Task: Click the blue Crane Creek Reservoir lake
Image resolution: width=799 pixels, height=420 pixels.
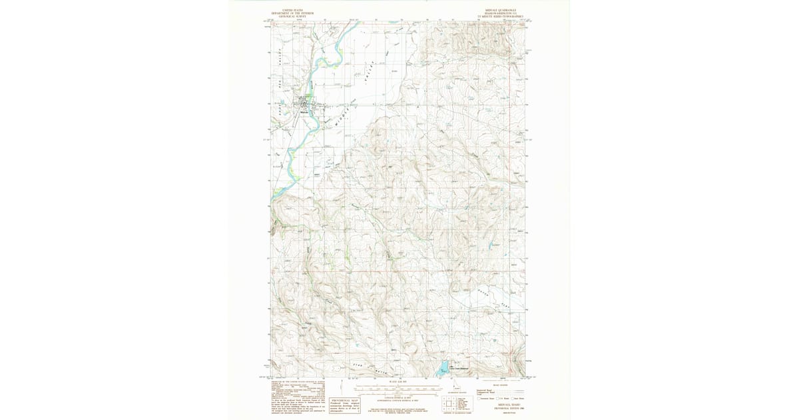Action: pyautogui.click(x=442, y=367)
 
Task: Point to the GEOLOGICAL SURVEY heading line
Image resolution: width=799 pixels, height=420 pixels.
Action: pyautogui.click(x=292, y=16)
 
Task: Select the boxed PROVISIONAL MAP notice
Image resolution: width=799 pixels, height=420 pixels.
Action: pyautogui.click(x=346, y=403)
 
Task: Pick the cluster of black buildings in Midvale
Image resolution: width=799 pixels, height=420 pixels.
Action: pyautogui.click(x=307, y=103)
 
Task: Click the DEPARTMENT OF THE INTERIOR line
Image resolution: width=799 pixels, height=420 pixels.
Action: pyautogui.click(x=292, y=13)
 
